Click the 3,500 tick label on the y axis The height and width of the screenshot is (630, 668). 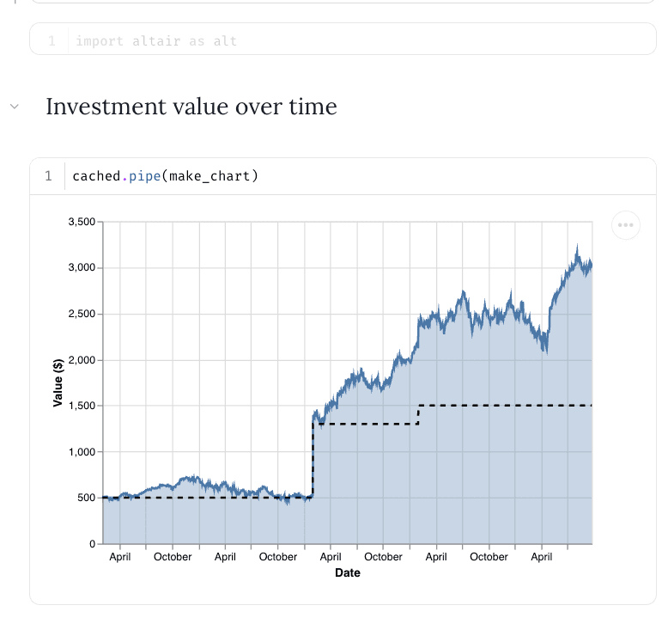coord(82,222)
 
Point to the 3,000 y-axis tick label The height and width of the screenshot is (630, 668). coord(82,268)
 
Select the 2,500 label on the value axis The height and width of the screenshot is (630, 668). coord(82,314)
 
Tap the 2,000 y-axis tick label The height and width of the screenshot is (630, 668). coord(82,360)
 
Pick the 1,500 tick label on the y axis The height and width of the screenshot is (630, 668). coord(82,406)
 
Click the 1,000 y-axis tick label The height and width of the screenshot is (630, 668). coord(82,452)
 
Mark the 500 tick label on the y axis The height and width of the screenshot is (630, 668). coord(88,498)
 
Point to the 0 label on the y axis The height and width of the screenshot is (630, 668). coord(94,544)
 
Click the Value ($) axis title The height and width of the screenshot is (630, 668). coord(58,383)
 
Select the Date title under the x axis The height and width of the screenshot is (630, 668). coord(348,572)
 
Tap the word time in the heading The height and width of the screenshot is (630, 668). coord(312,107)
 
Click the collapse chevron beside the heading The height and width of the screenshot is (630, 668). coord(14,107)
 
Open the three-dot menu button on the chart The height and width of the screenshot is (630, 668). coord(626,225)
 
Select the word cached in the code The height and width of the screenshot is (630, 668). coord(95,176)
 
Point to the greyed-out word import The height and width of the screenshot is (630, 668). coord(100,40)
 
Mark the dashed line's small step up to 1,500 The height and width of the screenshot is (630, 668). coord(418,414)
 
